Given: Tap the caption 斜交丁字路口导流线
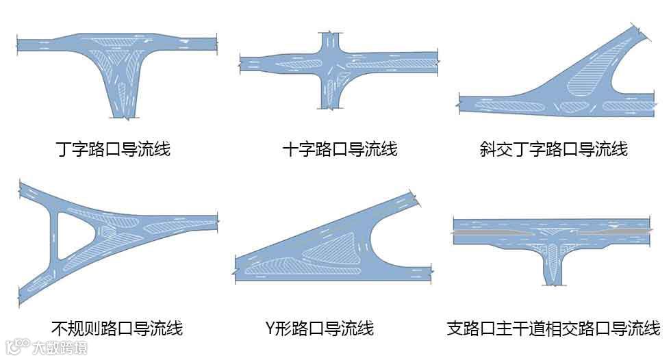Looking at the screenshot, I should [553, 149].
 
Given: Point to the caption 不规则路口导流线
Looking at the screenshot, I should [117, 328].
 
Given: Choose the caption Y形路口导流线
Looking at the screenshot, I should [319, 328].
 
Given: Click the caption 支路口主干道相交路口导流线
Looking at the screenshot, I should [553, 328].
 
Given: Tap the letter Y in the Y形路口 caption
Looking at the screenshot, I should [269, 328].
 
